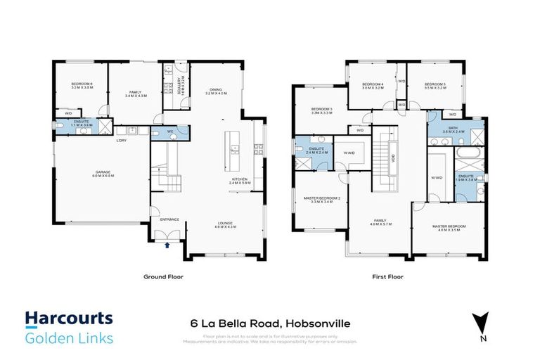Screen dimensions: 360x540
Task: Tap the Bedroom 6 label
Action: (82, 84)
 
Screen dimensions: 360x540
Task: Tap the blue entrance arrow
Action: (167, 245)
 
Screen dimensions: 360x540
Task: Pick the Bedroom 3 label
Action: (321, 109)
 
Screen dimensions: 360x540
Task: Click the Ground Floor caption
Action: (163, 277)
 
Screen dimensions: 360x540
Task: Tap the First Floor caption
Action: (387, 277)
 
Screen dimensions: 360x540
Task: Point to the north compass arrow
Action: (481, 321)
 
